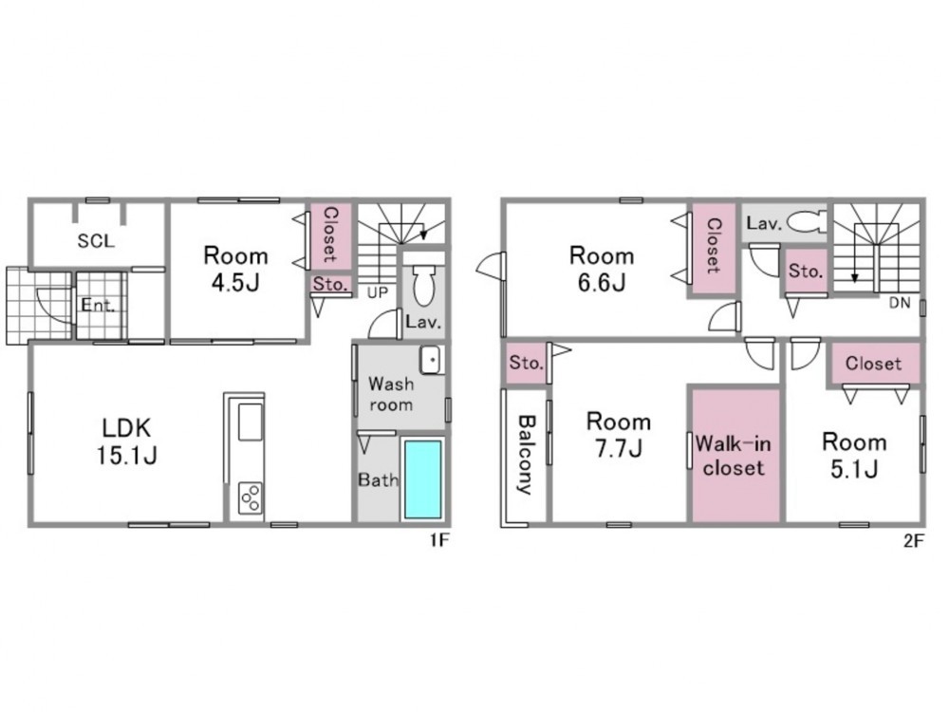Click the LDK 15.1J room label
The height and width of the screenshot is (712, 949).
click(x=127, y=441)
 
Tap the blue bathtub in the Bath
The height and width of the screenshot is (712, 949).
click(x=422, y=479)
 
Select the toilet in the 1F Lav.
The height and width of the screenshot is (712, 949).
click(x=423, y=285)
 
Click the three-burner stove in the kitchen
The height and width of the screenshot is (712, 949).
click(x=251, y=497)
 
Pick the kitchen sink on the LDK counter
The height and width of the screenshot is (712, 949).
click(x=251, y=422)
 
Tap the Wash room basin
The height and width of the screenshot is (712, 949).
click(x=432, y=360)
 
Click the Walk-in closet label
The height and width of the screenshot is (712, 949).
click(x=734, y=456)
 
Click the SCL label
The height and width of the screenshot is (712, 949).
click(x=96, y=241)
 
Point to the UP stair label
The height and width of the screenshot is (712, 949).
click(x=378, y=293)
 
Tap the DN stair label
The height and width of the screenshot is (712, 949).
click(x=900, y=304)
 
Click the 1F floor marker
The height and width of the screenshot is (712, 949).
click(x=439, y=540)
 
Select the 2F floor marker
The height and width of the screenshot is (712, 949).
click(x=914, y=540)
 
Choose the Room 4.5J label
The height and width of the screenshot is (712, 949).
click(x=235, y=269)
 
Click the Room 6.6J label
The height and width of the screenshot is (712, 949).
click(x=602, y=269)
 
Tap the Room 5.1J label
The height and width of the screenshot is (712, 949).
click(x=854, y=456)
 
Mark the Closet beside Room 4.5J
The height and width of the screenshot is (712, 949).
click(x=330, y=234)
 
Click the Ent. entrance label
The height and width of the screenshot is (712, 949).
click(x=98, y=305)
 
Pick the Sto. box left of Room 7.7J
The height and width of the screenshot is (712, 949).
click(x=526, y=364)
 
